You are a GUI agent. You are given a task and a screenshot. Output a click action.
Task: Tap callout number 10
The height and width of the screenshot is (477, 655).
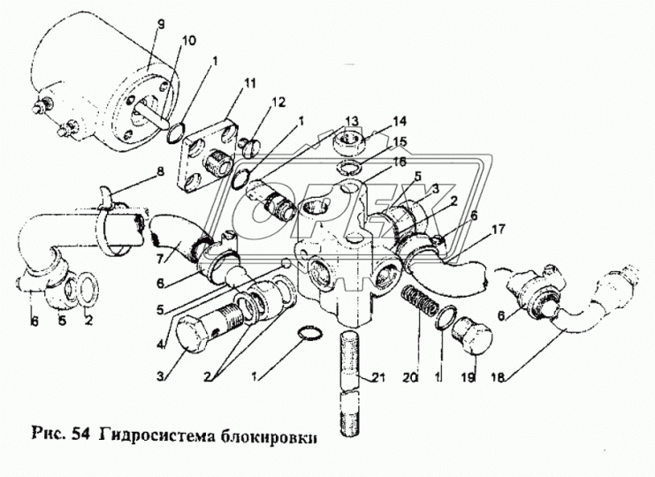coord(188,42)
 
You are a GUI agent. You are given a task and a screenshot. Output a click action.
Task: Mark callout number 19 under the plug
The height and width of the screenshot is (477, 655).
coord(468,375)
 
